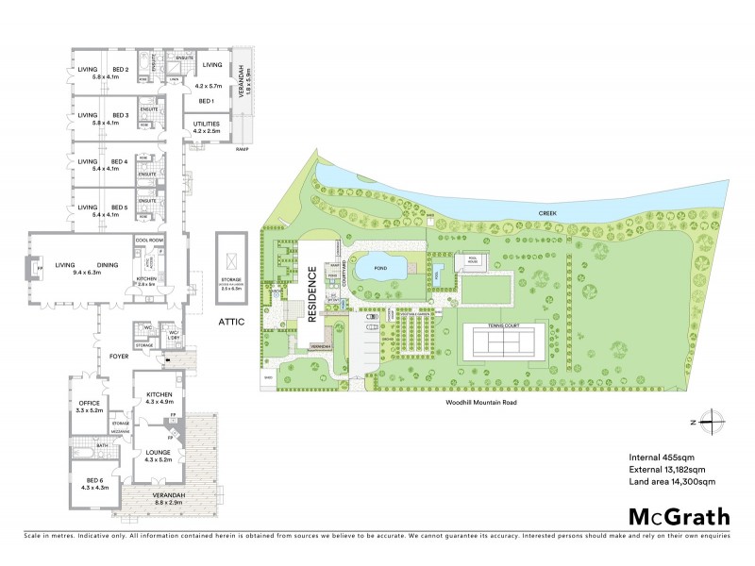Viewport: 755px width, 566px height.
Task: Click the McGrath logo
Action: (679, 516)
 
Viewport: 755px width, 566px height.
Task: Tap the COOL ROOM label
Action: (150, 241)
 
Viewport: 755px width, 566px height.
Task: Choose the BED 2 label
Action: (120, 69)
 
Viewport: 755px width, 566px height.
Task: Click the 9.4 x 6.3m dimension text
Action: (92, 274)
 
